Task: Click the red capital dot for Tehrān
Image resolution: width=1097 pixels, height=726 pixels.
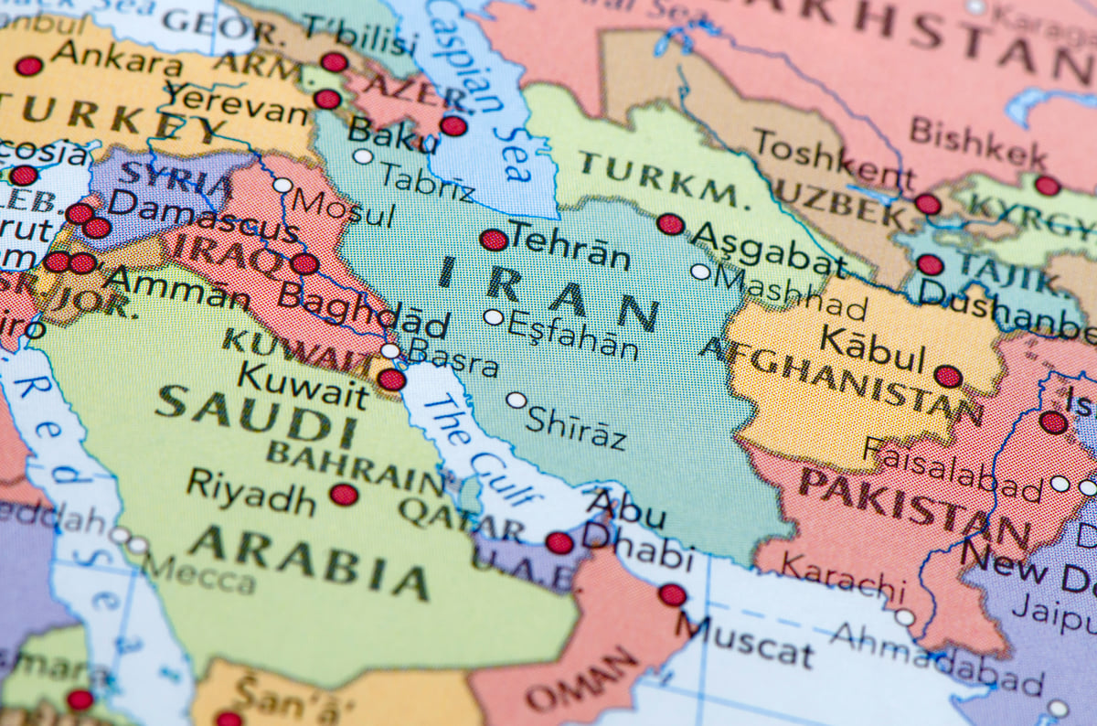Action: [x=494, y=240]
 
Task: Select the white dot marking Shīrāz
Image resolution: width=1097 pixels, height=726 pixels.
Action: [x=517, y=400]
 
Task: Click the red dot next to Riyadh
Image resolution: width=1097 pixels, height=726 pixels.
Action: [x=344, y=495]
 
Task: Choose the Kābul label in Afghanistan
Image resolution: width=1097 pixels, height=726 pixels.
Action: [x=872, y=348]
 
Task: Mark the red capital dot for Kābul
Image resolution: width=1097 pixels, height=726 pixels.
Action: [x=948, y=376]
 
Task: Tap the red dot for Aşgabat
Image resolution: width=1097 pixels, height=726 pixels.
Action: [x=670, y=224]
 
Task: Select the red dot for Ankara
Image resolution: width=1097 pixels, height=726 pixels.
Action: [x=28, y=66]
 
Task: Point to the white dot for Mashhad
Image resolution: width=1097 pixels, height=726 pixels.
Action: [x=700, y=271]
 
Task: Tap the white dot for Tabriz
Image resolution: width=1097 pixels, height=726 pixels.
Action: [x=363, y=156]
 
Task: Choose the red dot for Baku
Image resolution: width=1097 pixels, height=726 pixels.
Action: [x=453, y=126]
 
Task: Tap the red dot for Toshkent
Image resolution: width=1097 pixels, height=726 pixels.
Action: [x=927, y=203]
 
